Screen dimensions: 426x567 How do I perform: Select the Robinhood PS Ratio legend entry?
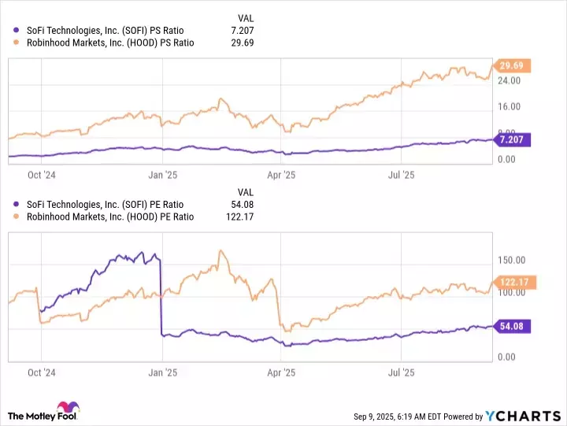pos(109,43)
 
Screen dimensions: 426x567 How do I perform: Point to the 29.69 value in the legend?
pos(242,43)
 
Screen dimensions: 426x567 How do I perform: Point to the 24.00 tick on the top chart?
pos(509,80)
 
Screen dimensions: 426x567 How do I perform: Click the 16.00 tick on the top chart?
pos(509,106)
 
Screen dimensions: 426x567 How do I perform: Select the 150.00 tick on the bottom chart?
pos(511,260)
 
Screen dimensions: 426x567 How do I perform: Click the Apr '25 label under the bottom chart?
pos(281,372)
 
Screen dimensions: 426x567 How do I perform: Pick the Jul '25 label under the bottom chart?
pos(402,372)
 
